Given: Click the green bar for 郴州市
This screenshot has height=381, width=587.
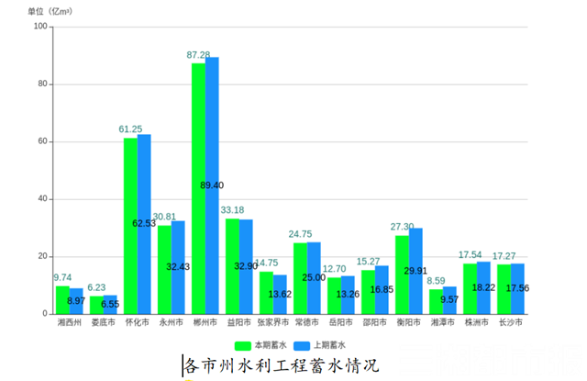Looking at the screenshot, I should pyautogui.click(x=198, y=188).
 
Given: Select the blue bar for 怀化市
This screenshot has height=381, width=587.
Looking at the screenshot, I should pyautogui.click(x=144, y=224).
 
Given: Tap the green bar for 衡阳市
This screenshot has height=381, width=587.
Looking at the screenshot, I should pyautogui.click(x=402, y=275).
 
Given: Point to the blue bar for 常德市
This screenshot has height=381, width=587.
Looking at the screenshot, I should pyautogui.click(x=314, y=278).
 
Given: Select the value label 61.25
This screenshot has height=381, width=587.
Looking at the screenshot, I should pyautogui.click(x=130, y=129).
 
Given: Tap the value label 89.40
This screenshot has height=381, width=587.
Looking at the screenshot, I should pyautogui.click(x=212, y=185).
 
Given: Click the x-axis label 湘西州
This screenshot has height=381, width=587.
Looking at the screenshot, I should pyautogui.click(x=69, y=323).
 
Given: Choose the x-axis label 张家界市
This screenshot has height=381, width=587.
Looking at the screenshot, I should pyautogui.click(x=272, y=323).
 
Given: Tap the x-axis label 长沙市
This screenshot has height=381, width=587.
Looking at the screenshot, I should pyautogui.click(x=510, y=323).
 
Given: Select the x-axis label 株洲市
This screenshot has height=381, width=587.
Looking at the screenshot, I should pyautogui.click(x=476, y=323).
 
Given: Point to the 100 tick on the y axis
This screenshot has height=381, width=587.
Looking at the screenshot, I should pyautogui.click(x=39, y=27).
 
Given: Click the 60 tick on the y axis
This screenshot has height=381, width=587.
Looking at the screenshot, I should pyautogui.click(x=42, y=141).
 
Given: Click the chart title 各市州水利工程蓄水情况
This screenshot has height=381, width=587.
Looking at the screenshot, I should pyautogui.click(x=281, y=365).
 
